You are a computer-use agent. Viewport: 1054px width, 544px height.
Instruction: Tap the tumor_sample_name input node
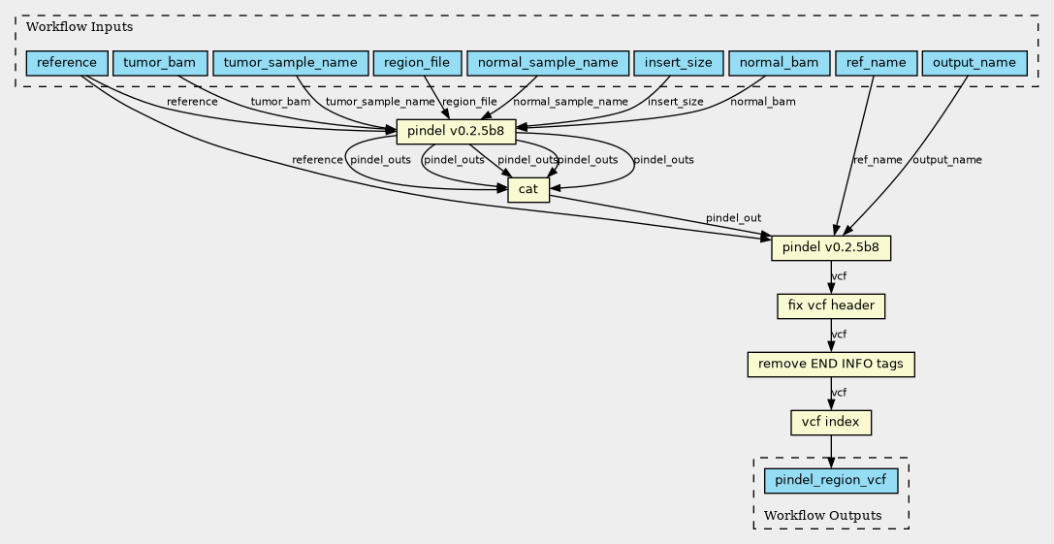tap(291, 63)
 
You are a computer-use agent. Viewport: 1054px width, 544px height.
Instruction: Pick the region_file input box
tap(416, 63)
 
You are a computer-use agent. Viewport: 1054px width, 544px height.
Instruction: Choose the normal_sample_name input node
tap(546, 63)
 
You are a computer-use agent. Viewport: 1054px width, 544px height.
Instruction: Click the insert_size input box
tap(677, 63)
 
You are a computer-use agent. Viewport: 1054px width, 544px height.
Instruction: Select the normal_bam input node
tap(779, 63)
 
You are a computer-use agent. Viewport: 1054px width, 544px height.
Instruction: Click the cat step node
tap(527, 189)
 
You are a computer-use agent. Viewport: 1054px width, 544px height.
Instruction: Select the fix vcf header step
tap(831, 306)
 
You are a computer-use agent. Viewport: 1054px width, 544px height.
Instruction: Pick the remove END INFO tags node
tap(831, 365)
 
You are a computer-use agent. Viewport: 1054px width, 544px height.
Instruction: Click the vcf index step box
tap(831, 423)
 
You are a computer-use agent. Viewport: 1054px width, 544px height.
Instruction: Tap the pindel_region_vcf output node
tap(831, 480)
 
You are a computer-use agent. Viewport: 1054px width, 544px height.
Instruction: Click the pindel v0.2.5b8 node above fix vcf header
tap(831, 247)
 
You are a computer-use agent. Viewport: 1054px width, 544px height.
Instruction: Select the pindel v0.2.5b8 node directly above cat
tap(456, 131)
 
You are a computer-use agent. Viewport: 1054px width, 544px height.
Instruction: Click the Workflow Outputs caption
tap(823, 515)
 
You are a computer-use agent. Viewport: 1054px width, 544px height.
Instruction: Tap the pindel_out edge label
tap(733, 218)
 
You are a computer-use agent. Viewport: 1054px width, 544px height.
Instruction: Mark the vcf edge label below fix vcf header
tap(839, 335)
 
